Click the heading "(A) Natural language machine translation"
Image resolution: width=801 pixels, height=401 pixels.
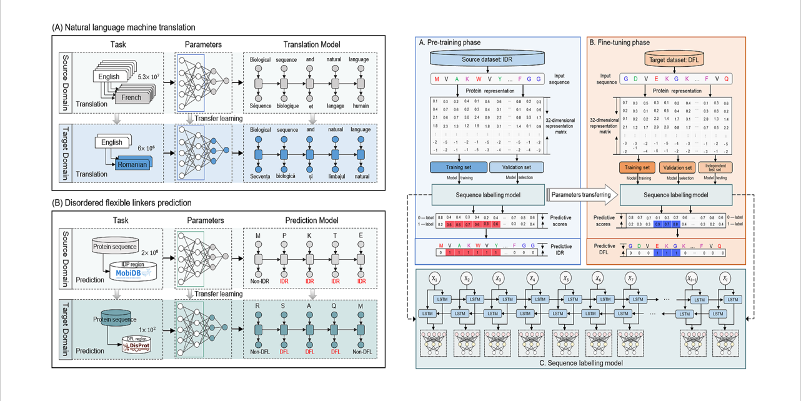(x=124, y=27)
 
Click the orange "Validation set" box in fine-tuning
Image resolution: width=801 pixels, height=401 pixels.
(x=676, y=167)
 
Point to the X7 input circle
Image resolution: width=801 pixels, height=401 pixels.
(x=632, y=277)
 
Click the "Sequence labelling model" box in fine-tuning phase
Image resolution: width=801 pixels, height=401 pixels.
(x=677, y=195)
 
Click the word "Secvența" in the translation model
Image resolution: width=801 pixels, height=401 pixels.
(x=261, y=176)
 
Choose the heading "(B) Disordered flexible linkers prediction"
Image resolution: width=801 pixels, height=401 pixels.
(x=122, y=202)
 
